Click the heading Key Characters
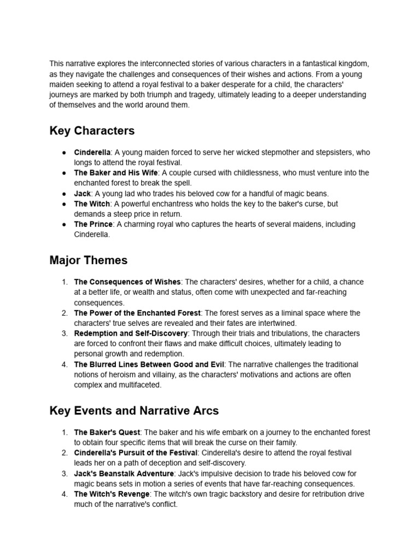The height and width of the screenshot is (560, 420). [x=92, y=131]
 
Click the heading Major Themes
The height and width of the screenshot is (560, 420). [x=88, y=260]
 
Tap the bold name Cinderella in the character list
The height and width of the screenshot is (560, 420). [x=92, y=152]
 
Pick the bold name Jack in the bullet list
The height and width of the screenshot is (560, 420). [x=82, y=194]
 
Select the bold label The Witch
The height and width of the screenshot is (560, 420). [x=92, y=203]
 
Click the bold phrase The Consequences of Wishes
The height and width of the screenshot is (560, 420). [x=127, y=282]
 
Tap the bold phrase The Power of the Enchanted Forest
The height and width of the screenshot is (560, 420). [x=137, y=313]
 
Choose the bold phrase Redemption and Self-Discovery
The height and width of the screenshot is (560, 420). [x=131, y=333]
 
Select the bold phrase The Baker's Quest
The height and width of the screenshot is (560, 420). [x=107, y=433]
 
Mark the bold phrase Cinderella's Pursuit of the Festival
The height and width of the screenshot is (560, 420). [x=136, y=453]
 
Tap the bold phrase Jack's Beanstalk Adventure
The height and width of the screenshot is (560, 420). [x=124, y=474]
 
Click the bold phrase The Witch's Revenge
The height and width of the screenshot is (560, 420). [x=112, y=494]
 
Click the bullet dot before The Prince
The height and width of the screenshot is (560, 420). [x=64, y=224]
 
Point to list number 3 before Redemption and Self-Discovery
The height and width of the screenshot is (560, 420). [x=64, y=333]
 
